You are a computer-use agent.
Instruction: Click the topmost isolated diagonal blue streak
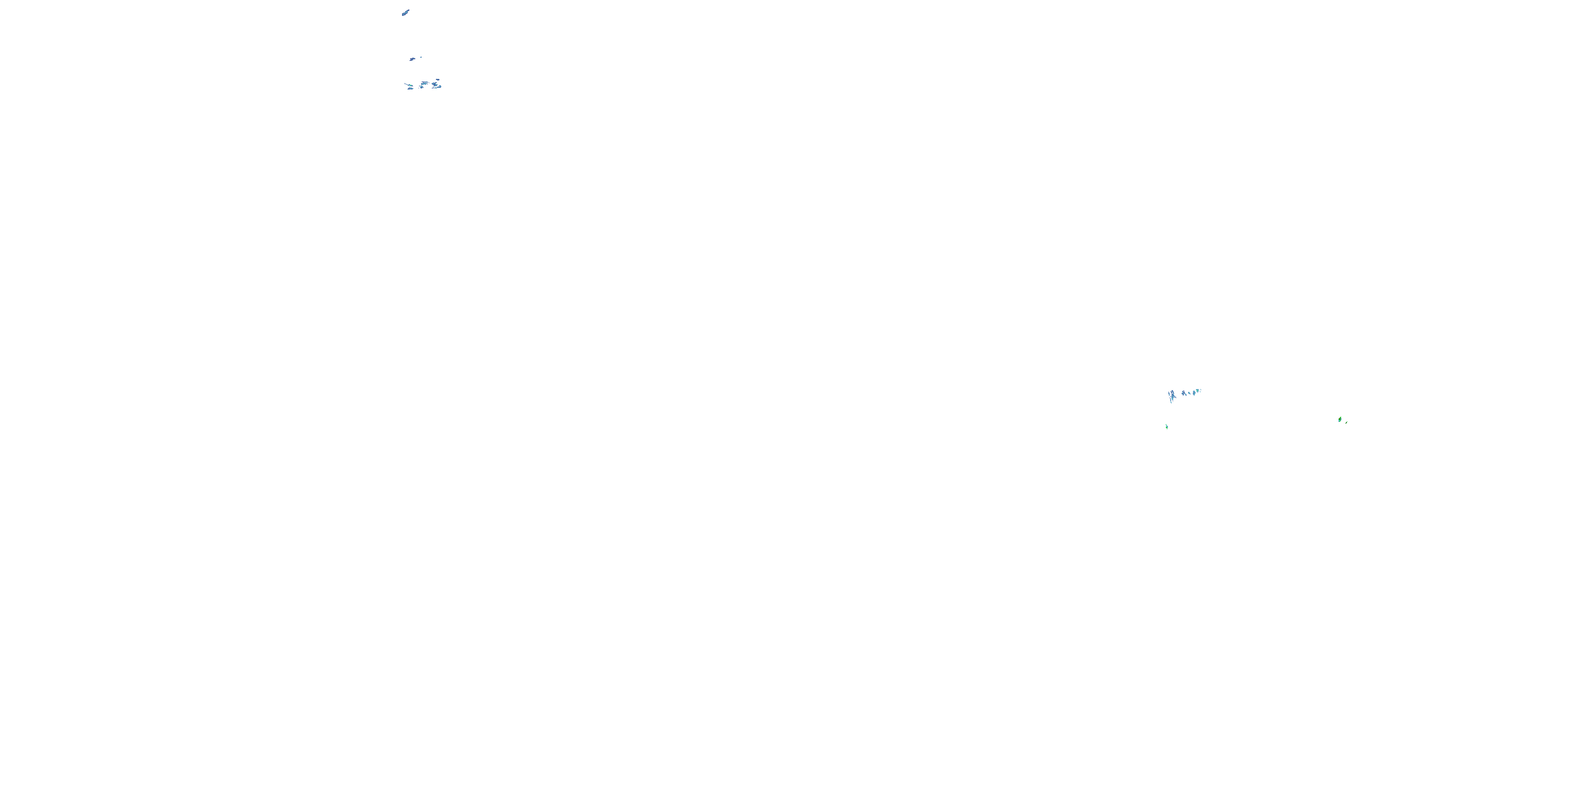pyautogui.click(x=405, y=12)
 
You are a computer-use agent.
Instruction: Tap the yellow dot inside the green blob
pyautogui.click(x=1340, y=419)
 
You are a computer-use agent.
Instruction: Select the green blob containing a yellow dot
pyautogui.click(x=1341, y=420)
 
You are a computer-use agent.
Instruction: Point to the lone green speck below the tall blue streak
pyautogui.click(x=1167, y=427)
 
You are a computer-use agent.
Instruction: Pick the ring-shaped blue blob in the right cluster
pyautogui.click(x=1184, y=392)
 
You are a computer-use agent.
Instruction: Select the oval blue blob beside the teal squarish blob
pyautogui.click(x=1194, y=393)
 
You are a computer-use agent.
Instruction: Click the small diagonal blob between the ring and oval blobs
pyautogui.click(x=1189, y=393)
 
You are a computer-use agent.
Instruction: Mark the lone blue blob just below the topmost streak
pyautogui.click(x=413, y=59)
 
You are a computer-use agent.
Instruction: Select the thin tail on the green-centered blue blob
pyautogui.click(x=406, y=83)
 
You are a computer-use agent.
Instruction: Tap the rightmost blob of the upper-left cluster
pyautogui.click(x=440, y=87)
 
